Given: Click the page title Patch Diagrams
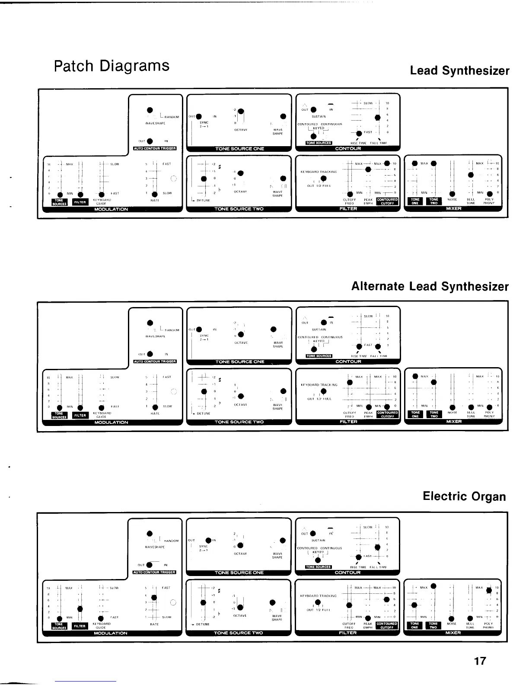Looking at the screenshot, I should tap(112, 66).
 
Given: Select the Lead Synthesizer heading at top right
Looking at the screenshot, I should tap(459, 70).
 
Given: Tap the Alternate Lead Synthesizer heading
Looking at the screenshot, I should tap(430, 286).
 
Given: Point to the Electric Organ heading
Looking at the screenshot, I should tap(464, 496).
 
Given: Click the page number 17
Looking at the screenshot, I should tap(480, 661).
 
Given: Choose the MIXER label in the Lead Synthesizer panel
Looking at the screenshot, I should tap(453, 208).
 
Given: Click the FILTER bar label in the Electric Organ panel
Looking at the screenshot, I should tap(348, 633).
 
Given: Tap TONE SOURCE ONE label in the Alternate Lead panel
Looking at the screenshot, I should tap(239, 362).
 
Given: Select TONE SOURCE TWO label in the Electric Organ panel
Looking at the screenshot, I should tap(239, 633).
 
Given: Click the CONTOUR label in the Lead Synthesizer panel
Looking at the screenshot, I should tap(348, 148).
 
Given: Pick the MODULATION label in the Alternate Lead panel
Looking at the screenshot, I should tap(111, 422).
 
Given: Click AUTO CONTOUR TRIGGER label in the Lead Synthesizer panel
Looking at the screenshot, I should tap(154, 148).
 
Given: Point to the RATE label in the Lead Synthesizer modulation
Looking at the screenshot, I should tap(155, 200).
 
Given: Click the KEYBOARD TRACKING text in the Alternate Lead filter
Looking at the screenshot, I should tap(319, 384).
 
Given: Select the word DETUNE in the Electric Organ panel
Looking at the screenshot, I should tap(203, 624).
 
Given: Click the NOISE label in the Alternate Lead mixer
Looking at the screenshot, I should tap(452, 412).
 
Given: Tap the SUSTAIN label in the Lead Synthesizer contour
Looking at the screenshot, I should tap(319, 116).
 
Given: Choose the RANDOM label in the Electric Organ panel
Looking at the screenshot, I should tap(171, 541).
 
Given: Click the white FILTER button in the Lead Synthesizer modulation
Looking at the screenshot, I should tap(80, 202).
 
